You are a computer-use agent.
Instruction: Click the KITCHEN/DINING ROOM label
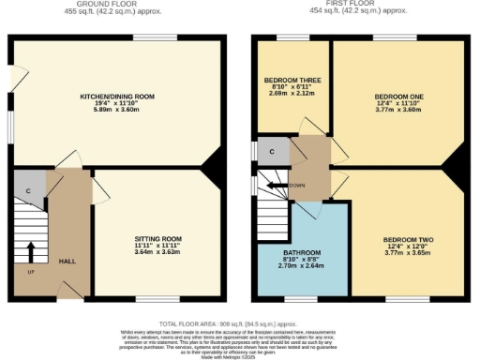click(117, 97)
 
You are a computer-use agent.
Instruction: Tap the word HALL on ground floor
click(67, 262)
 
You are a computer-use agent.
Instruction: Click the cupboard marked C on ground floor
click(29, 191)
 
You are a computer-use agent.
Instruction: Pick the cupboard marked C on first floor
click(272, 150)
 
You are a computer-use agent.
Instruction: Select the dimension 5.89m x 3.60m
click(117, 110)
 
